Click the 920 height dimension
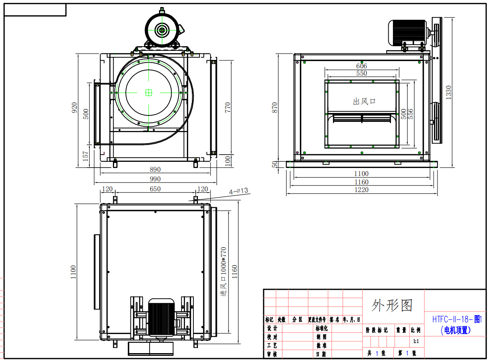click(74, 108)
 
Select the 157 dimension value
click(85, 156)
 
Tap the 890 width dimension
click(155, 169)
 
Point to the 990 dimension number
click(155, 179)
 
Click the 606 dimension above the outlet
click(362, 66)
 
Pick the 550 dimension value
click(362, 73)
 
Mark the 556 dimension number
click(410, 114)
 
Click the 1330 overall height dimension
click(449, 92)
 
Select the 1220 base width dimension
click(362, 190)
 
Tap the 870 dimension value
click(275, 108)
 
